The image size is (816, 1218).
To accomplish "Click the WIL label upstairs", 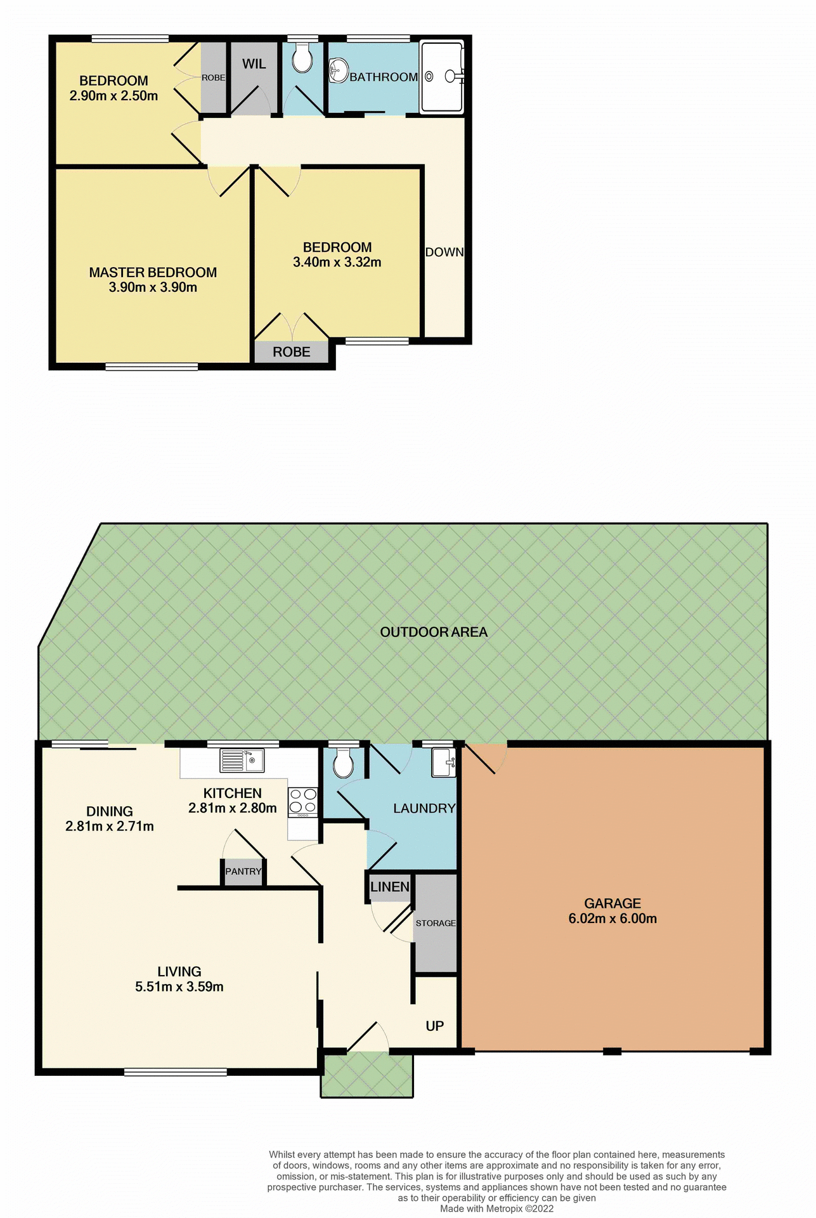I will coord(254,64).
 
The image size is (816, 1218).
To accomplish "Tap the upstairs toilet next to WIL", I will coord(302,60).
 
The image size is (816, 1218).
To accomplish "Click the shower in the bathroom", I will coord(442,76).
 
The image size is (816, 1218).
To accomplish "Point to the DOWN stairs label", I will coord(444,252).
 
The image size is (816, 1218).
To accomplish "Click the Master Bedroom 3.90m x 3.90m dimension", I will coord(153,287).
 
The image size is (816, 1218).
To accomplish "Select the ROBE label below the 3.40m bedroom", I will coord(292,352).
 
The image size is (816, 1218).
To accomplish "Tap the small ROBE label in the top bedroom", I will coord(213,77).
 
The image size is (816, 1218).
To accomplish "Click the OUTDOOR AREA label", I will coord(434,632).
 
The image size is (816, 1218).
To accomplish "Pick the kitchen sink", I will coord(242,761).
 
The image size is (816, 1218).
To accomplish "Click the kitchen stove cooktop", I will coord(303,801).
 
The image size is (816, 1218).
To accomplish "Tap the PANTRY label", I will coord(243,872).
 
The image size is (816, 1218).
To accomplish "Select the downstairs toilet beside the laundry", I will coord(343,763).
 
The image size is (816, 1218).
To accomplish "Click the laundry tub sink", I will coord(443,762).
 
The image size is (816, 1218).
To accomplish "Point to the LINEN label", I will coord(390,887).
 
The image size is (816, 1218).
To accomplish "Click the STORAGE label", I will coord(436,923).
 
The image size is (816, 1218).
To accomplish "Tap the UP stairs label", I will coord(435,1026).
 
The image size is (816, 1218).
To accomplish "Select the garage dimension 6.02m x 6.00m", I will coord(612,919).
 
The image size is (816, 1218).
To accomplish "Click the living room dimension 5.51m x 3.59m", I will coord(179,987).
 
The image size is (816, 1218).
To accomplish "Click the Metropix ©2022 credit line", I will coord(497,1208).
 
